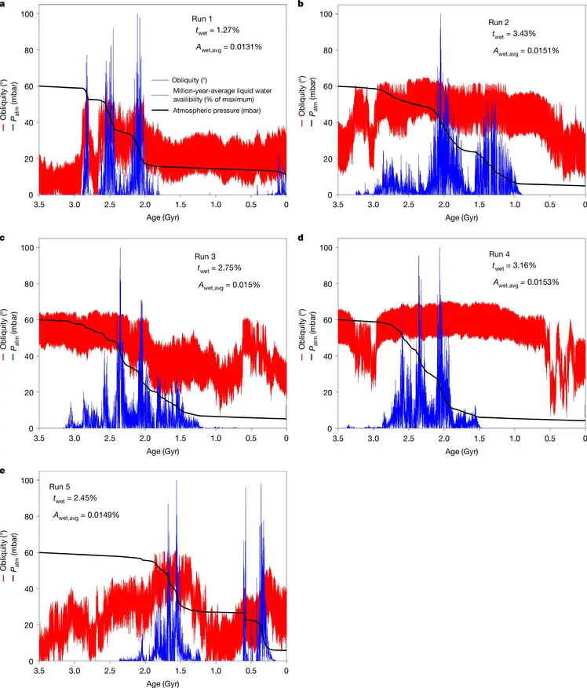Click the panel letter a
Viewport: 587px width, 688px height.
pyautogui.click(x=4, y=5)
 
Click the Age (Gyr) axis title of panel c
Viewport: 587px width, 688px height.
pyautogui.click(x=162, y=453)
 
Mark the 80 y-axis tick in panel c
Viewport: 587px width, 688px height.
pyautogui.click(x=27, y=284)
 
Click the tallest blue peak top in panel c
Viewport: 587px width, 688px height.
pyautogui.click(x=120, y=249)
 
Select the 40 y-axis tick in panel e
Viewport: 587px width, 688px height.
pyautogui.click(x=27, y=589)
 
